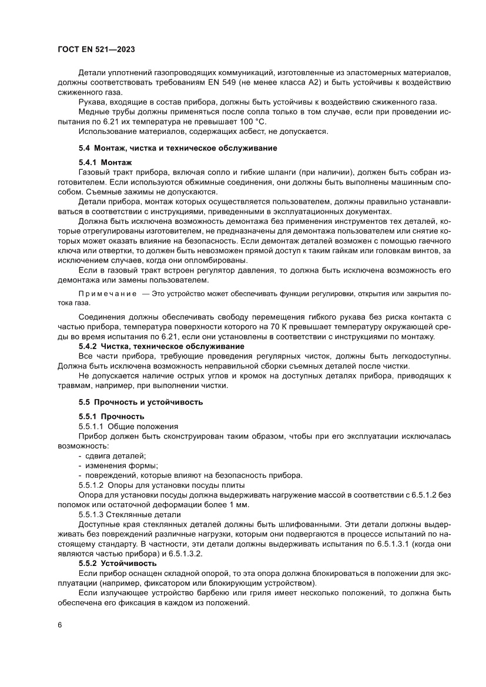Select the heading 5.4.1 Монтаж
click(105, 162)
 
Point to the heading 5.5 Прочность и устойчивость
click(140, 402)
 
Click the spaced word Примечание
click(105, 293)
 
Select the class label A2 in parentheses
click(350, 83)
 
